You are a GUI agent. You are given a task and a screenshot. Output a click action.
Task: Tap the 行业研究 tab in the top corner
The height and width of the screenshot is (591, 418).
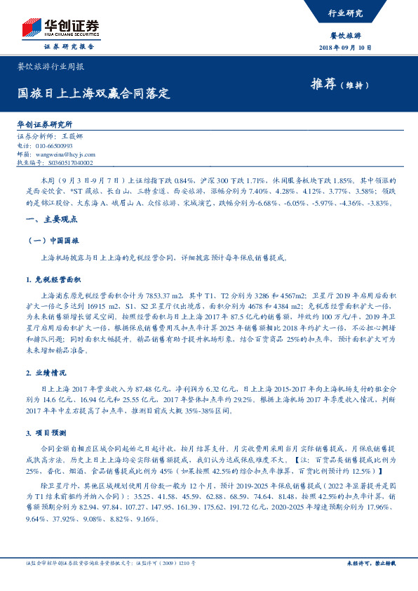tap(345, 13)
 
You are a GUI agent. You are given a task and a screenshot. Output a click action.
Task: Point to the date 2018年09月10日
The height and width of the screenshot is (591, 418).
tap(344, 47)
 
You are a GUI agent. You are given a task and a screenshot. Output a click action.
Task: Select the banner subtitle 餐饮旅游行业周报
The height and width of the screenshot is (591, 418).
tap(50, 67)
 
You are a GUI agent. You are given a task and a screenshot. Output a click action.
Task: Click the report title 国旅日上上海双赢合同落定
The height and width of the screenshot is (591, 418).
tap(94, 93)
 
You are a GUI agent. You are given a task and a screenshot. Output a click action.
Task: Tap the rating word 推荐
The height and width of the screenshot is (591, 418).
tap(322, 84)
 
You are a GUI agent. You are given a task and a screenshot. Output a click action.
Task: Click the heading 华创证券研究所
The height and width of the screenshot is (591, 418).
tap(45, 124)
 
